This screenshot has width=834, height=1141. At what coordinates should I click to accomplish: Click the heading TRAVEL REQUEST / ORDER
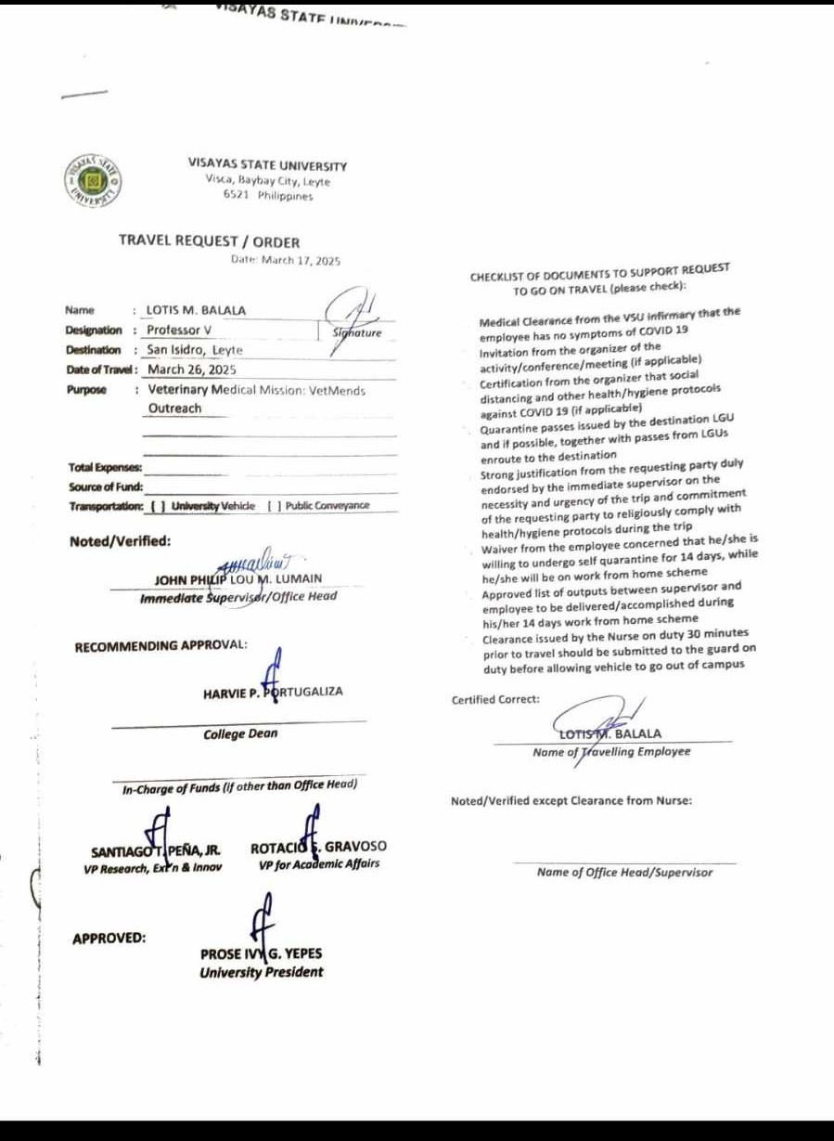coord(209,241)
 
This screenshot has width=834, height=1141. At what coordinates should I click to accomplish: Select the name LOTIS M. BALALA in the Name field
coord(196,310)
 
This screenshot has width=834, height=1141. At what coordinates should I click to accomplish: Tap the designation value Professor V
coord(179,331)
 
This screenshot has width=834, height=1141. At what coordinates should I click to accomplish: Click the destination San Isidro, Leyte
coord(195,350)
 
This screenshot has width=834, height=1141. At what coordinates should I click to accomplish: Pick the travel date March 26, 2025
coord(192,370)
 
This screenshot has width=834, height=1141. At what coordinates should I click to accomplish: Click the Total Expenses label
coord(105,468)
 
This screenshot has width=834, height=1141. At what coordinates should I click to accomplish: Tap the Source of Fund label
coord(105,486)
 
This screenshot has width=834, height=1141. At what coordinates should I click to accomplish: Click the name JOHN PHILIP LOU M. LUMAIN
coord(239,580)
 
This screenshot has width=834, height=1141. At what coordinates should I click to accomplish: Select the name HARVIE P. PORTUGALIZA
coord(273,693)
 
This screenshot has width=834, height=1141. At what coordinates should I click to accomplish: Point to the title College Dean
coord(240,734)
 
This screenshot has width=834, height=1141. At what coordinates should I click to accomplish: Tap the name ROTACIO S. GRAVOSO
coord(318,848)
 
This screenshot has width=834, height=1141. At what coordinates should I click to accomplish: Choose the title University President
coord(261,973)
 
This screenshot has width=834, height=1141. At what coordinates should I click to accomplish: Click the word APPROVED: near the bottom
coord(109,938)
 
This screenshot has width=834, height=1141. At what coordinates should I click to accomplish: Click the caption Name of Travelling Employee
coord(611,752)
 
